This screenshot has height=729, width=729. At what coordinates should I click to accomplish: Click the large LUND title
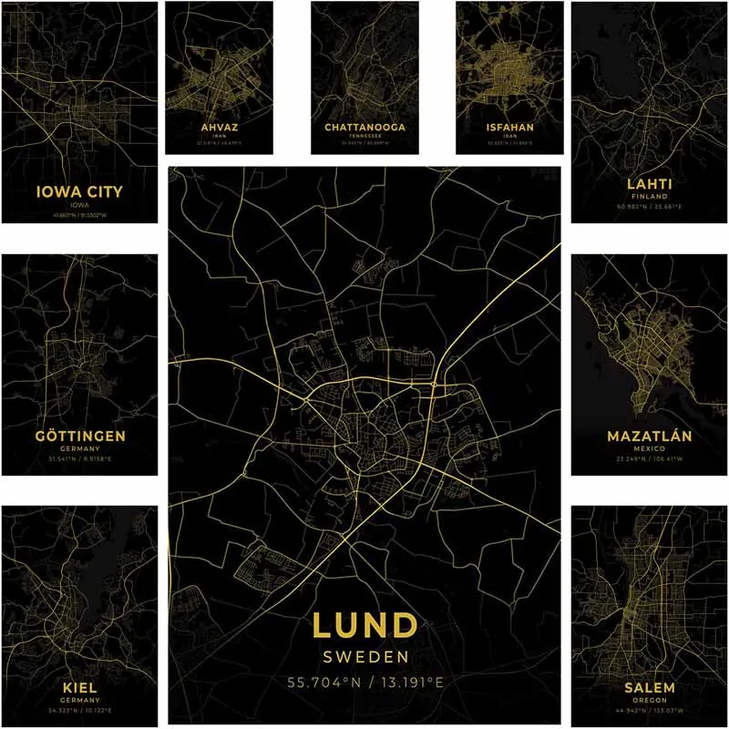coord(364,625)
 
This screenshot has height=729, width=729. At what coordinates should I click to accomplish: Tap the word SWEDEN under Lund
coord(364,656)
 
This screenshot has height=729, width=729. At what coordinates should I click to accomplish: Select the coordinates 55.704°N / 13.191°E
coord(364,681)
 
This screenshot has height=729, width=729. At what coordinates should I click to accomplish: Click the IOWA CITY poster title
coord(78,192)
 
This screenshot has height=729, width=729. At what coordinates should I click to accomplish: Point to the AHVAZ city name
coord(219,128)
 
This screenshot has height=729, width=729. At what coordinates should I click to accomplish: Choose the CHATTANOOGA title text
coord(364,127)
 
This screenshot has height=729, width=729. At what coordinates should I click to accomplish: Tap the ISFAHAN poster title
coord(509,128)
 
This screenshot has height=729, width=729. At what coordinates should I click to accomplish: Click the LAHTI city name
coord(650,183)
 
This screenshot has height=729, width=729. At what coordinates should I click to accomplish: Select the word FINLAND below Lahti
coord(650,196)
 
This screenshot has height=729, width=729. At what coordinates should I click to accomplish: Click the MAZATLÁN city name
coord(650,436)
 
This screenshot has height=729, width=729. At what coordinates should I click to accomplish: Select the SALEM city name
coord(650,686)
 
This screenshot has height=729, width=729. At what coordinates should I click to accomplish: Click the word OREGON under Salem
coord(650,700)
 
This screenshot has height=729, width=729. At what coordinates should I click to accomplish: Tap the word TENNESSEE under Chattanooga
coord(364,135)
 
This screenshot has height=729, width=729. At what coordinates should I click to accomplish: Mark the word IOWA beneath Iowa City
coord(78,206)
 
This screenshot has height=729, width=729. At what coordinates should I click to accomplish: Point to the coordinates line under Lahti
coord(650,208)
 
